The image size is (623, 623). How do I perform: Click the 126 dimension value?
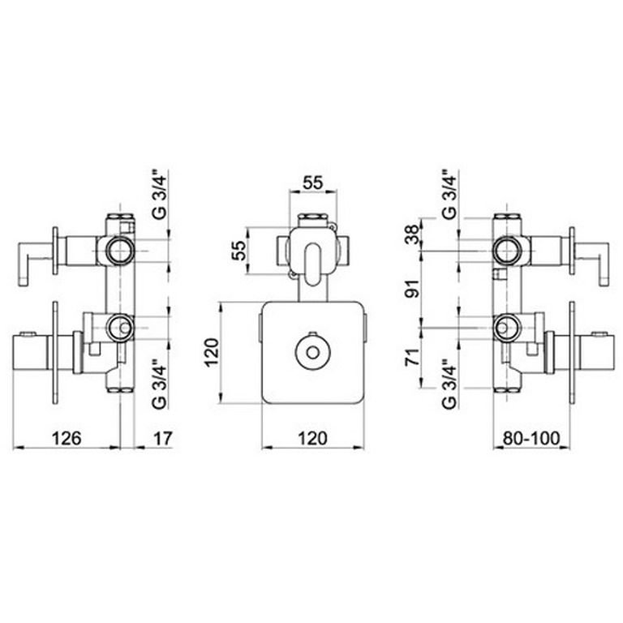point(67,438)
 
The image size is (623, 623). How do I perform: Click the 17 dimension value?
point(163,438)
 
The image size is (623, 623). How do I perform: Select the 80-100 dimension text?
point(531,438)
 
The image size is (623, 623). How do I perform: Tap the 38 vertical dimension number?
point(413,234)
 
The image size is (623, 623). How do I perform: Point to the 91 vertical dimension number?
point(413,289)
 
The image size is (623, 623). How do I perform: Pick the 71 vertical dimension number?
point(413,357)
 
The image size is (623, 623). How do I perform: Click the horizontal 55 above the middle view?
point(313,183)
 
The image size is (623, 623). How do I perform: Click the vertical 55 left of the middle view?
point(239,251)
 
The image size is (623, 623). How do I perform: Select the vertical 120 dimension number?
point(212,353)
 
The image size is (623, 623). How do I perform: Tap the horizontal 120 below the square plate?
point(312,438)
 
